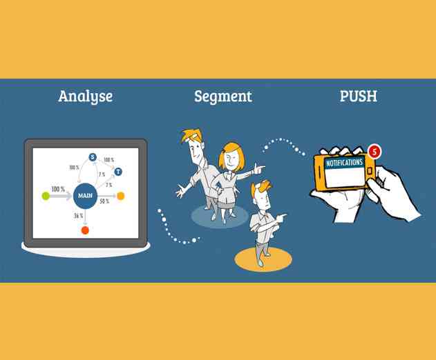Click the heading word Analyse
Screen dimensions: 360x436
coord(85,97)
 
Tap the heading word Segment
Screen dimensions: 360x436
coord(222,97)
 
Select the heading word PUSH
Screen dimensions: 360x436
coord(358,96)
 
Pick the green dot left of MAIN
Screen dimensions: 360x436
coord(46,196)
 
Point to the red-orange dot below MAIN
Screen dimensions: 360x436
coord(85,230)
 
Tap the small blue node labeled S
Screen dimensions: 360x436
coord(93,157)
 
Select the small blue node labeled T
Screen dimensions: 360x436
coord(118,171)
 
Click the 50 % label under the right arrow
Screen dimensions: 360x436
coord(104,201)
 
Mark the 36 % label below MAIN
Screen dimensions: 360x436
coord(78,216)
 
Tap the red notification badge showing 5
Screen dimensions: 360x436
coord(375,150)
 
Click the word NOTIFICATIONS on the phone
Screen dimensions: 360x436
coord(343,163)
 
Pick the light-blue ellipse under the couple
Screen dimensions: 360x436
coord(219,216)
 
